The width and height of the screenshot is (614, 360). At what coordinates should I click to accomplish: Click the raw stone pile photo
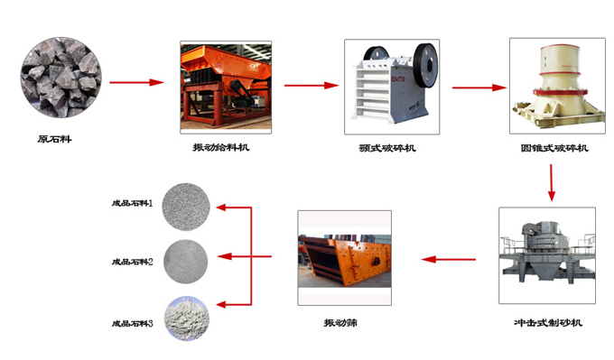pos(60,78)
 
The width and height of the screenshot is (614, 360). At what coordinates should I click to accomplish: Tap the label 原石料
pos(55,139)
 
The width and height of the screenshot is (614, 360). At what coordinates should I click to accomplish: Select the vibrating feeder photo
pos(226,88)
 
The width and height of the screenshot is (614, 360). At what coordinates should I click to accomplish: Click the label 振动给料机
pos(221,148)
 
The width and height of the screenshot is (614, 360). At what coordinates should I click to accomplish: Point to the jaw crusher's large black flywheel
pos(425,65)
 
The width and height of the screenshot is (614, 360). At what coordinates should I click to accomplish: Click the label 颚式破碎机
pos(387,148)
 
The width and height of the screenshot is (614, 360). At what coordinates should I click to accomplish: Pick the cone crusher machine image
pos(557,86)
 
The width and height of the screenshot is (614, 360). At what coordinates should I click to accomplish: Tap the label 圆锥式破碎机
pos(554,148)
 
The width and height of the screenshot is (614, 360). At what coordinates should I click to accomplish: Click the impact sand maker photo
pos(547,255)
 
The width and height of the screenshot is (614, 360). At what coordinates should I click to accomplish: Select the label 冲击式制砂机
pos(548,323)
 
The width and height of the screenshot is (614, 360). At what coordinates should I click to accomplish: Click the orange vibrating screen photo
pos(345,258)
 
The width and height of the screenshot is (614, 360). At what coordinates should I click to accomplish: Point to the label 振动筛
pos(340,323)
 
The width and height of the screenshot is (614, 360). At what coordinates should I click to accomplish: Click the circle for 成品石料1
pos(186,207)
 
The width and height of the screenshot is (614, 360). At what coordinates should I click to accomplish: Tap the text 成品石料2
pos(133,262)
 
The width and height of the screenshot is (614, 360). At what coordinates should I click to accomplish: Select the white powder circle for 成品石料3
pos(187,318)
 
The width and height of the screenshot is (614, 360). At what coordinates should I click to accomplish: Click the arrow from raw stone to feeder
pos(136,82)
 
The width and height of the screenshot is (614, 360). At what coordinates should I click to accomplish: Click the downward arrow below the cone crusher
pos(552,183)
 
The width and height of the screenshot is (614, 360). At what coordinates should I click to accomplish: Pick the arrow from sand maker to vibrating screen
pos(449,259)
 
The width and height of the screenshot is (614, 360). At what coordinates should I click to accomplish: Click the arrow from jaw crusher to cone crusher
pos(479,88)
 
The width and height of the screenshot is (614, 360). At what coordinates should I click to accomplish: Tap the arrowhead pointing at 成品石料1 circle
pos(221,208)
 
